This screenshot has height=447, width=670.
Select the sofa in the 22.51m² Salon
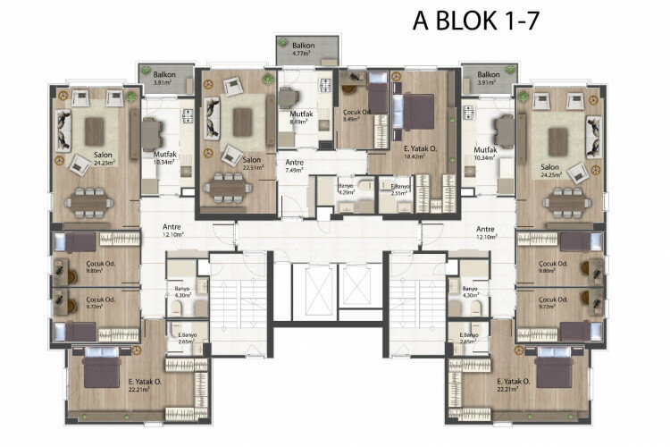(213, 118)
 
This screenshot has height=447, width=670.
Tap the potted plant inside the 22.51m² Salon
(268, 79)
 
